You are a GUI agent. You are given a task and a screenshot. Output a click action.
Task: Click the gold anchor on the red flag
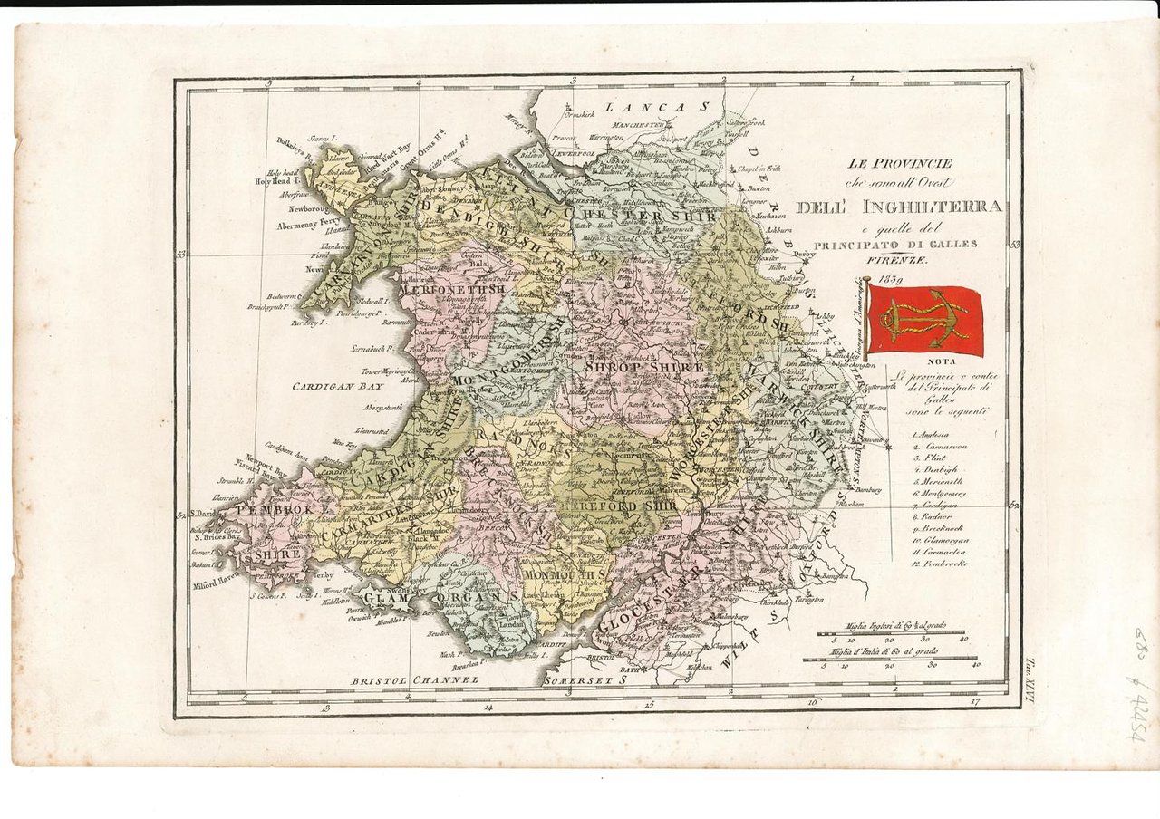coord(925,320)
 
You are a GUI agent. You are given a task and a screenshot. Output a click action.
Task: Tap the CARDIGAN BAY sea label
coord(337,386)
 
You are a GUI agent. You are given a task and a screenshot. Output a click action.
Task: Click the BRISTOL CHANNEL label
coord(413,678)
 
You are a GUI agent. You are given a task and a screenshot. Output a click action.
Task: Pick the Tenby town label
coord(323,574)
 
